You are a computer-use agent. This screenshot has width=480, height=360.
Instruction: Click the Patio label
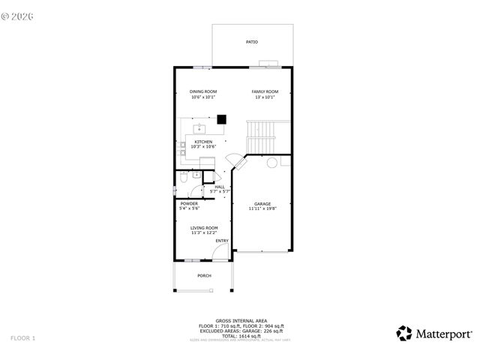pyautogui.click(x=251, y=42)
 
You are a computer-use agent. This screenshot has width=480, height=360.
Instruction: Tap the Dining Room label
pyautogui.click(x=203, y=91)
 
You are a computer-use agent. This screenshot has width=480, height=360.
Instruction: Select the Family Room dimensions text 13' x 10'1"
pyautogui.click(x=264, y=97)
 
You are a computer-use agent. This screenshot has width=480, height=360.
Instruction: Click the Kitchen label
pyautogui.click(x=203, y=142)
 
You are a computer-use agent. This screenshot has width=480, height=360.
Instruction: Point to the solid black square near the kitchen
pyautogui.click(x=221, y=118)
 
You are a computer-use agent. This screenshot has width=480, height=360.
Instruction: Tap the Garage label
pyautogui.click(x=262, y=204)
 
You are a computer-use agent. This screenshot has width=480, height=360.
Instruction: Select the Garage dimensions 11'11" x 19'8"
pyautogui.click(x=262, y=209)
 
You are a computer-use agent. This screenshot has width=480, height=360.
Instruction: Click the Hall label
pyautogui.click(x=220, y=187)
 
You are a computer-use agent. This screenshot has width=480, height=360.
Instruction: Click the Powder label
pyautogui.click(x=188, y=203)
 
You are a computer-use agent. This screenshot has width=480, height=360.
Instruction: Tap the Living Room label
pyautogui.click(x=203, y=227)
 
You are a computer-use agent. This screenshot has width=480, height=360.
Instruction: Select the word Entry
pyautogui.click(x=222, y=241)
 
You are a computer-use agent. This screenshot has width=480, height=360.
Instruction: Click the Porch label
pyautogui.click(x=204, y=276)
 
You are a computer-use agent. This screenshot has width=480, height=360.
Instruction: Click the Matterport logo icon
pyautogui.click(x=404, y=333)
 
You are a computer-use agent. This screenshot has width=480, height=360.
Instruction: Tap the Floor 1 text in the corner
pyautogui.click(x=22, y=338)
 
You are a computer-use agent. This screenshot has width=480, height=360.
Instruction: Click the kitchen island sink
pyautogui.click(x=201, y=128)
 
